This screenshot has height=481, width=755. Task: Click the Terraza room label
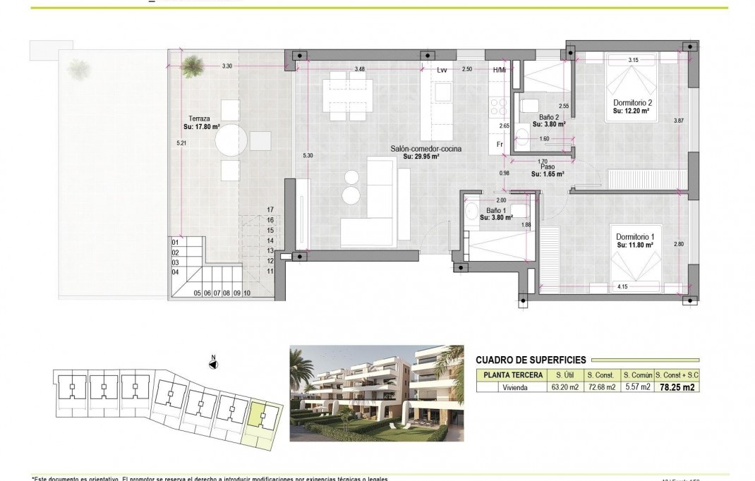pos(192,118)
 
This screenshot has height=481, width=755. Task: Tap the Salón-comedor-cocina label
pos(421,149)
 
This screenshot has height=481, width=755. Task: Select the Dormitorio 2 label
pos(633,102)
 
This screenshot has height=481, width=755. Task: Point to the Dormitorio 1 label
pos(634,236)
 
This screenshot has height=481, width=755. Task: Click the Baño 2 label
pos(548,116)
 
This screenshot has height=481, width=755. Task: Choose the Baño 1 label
pos(495,210)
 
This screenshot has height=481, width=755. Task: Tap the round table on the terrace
pos(234,140)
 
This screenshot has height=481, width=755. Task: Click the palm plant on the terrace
pos(190,68)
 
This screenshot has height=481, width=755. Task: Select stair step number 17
pos(270,209)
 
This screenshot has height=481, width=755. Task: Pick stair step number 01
pos(175,242)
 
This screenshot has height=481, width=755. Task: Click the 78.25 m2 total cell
pos(677,386)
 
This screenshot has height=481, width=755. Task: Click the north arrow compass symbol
pos(212,363)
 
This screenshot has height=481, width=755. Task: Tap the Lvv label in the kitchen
pos(442,69)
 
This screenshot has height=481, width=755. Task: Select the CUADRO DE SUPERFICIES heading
pos(531,358)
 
